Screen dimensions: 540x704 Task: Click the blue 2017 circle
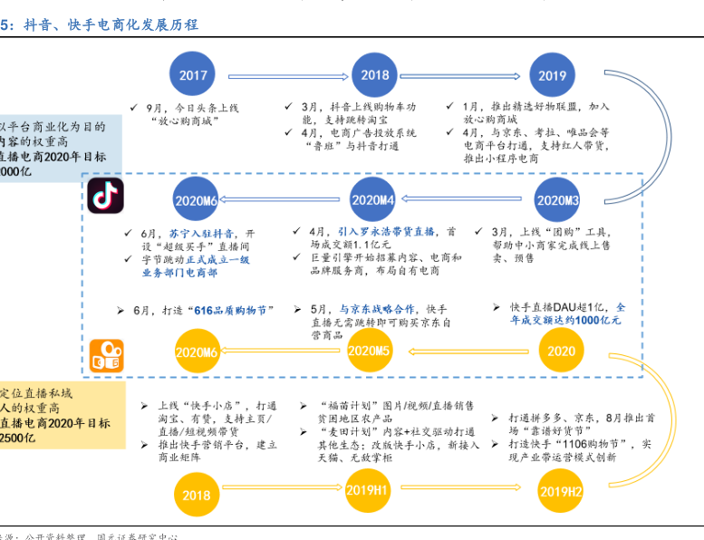click(x=194, y=75)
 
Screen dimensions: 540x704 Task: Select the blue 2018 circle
click(x=374, y=75)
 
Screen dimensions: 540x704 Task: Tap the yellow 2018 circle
click(x=197, y=495)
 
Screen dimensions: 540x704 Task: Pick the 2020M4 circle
click(x=373, y=200)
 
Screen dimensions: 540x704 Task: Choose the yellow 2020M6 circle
click(x=197, y=352)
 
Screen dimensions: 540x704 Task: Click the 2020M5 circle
click(x=369, y=351)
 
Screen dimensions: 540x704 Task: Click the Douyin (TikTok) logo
click(x=106, y=198)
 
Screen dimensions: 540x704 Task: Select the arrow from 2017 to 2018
click(x=284, y=75)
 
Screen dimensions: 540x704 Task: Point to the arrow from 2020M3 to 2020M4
click(x=466, y=200)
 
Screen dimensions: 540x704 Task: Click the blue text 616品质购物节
click(x=230, y=311)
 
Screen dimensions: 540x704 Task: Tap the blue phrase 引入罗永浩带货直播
click(x=385, y=231)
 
